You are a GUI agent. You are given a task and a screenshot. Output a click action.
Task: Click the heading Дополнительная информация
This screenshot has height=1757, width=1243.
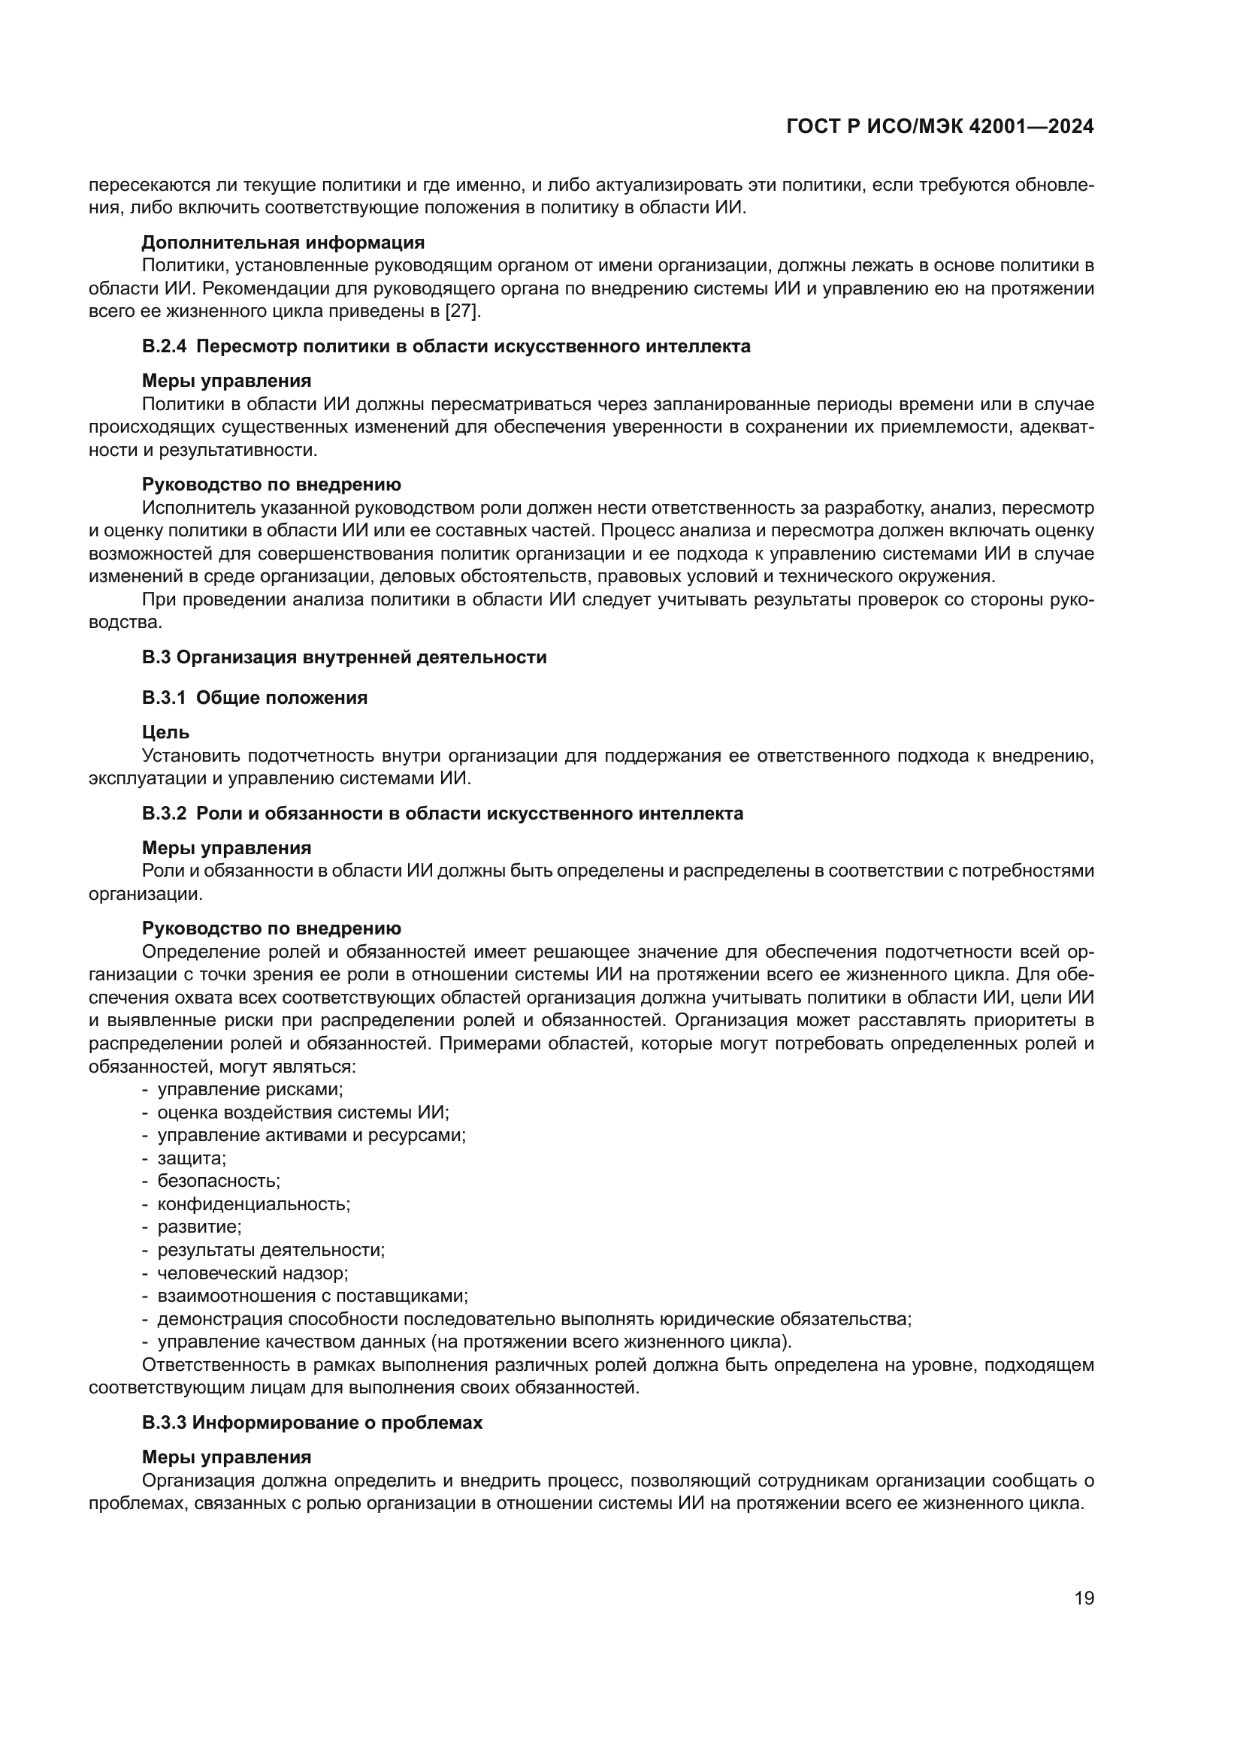coord(283,243)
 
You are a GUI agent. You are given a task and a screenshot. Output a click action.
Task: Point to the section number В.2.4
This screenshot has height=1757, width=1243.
coord(164,346)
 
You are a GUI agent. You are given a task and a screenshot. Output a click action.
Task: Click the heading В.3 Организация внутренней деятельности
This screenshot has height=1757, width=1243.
coord(343,657)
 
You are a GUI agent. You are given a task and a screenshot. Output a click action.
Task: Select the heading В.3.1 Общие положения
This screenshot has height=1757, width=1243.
coord(254,698)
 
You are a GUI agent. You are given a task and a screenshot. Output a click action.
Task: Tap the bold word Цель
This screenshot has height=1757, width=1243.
coord(165,732)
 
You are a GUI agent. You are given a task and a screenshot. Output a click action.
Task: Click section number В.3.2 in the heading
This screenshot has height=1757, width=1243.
coord(164,814)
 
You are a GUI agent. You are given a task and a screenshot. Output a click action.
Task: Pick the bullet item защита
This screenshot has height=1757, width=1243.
coord(192,1158)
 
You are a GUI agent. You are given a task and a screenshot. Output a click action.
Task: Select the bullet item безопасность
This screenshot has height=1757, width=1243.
coord(219,1182)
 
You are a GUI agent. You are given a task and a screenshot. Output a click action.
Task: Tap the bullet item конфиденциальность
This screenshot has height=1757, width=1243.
coord(253,1204)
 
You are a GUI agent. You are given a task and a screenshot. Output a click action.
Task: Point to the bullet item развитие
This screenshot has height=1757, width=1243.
coord(199,1227)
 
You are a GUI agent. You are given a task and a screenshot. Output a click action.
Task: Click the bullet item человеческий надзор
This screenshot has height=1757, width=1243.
coord(253,1273)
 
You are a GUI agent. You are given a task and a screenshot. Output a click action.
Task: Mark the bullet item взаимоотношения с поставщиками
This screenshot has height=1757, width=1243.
coord(313,1297)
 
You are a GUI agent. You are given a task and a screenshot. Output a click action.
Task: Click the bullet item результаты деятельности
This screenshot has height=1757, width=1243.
coord(271,1251)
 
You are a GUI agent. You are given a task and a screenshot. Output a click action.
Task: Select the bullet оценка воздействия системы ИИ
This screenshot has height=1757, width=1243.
coord(303,1112)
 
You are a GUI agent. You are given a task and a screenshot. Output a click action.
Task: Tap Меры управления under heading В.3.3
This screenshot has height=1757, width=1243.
coord(226,1457)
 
